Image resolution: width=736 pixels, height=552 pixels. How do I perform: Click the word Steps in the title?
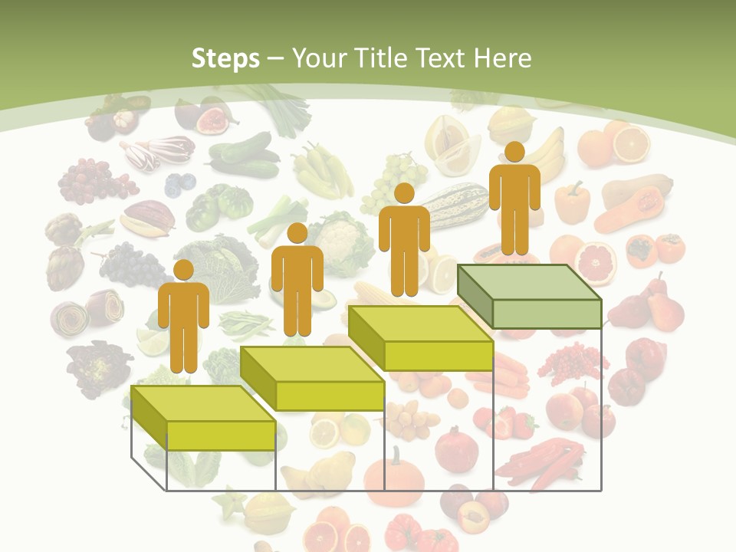tap(225, 58)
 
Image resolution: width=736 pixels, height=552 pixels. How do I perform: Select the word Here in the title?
tap(501, 58)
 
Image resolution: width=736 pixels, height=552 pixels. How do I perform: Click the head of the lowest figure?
tap(183, 271)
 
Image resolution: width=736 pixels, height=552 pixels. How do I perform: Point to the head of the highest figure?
tap(514, 152)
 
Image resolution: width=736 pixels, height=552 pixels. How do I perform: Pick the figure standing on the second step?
tap(297, 281)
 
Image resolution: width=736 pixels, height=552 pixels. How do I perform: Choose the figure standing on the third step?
tap(404, 240)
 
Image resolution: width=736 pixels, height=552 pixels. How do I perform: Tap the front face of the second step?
tap(330, 396)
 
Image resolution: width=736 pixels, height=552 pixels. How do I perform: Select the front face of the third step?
tap(438, 356)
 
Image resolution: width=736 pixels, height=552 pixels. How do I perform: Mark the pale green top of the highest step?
tap(529, 282)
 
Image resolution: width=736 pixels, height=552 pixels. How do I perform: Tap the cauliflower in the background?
tap(337, 238)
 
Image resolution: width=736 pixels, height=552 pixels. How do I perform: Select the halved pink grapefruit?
tap(596, 263)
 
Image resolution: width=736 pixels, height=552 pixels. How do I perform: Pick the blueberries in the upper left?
tap(180, 184)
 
